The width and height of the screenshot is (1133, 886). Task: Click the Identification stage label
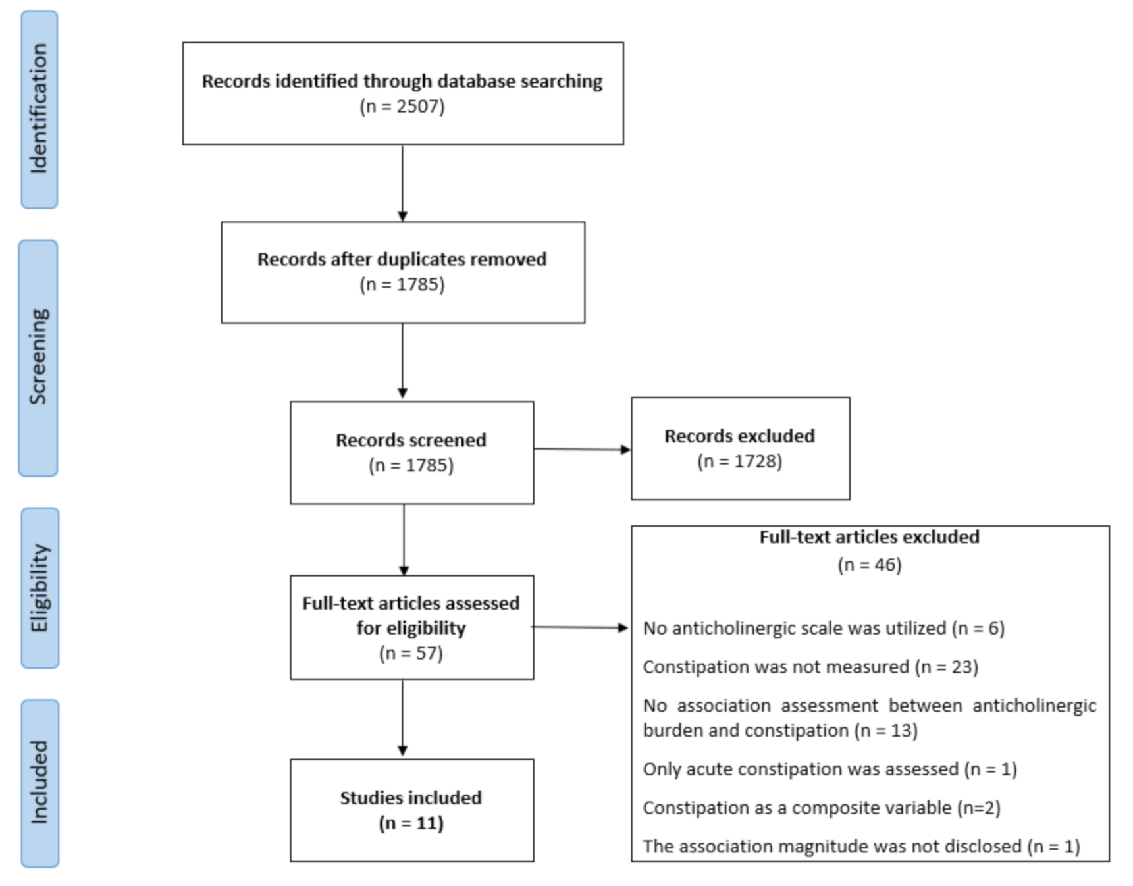click(x=40, y=109)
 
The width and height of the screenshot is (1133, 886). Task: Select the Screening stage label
click(x=38, y=357)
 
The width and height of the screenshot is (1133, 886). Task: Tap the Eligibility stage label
click(x=40, y=588)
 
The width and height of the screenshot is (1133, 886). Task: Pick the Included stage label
click(x=40, y=783)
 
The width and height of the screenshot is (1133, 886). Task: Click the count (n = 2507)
click(x=402, y=106)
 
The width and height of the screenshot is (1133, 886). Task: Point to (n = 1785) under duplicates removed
click(x=402, y=284)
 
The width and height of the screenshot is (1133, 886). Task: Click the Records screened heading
click(x=411, y=440)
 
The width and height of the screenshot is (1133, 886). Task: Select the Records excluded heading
click(x=739, y=436)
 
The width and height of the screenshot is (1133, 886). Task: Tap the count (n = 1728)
click(x=739, y=461)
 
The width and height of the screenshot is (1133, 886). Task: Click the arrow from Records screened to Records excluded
click(x=582, y=450)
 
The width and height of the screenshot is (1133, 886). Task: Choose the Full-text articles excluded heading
click(x=869, y=537)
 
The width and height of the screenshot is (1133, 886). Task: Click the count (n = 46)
click(x=869, y=565)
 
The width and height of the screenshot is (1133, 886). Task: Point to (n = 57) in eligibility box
click(x=411, y=653)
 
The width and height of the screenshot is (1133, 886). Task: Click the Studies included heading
click(x=411, y=798)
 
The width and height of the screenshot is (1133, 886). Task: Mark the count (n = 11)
click(x=411, y=823)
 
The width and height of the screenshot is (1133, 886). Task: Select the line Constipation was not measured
click(x=810, y=667)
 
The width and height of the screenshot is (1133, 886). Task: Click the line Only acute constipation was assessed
click(x=830, y=769)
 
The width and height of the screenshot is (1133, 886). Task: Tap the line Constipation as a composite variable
click(x=821, y=808)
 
